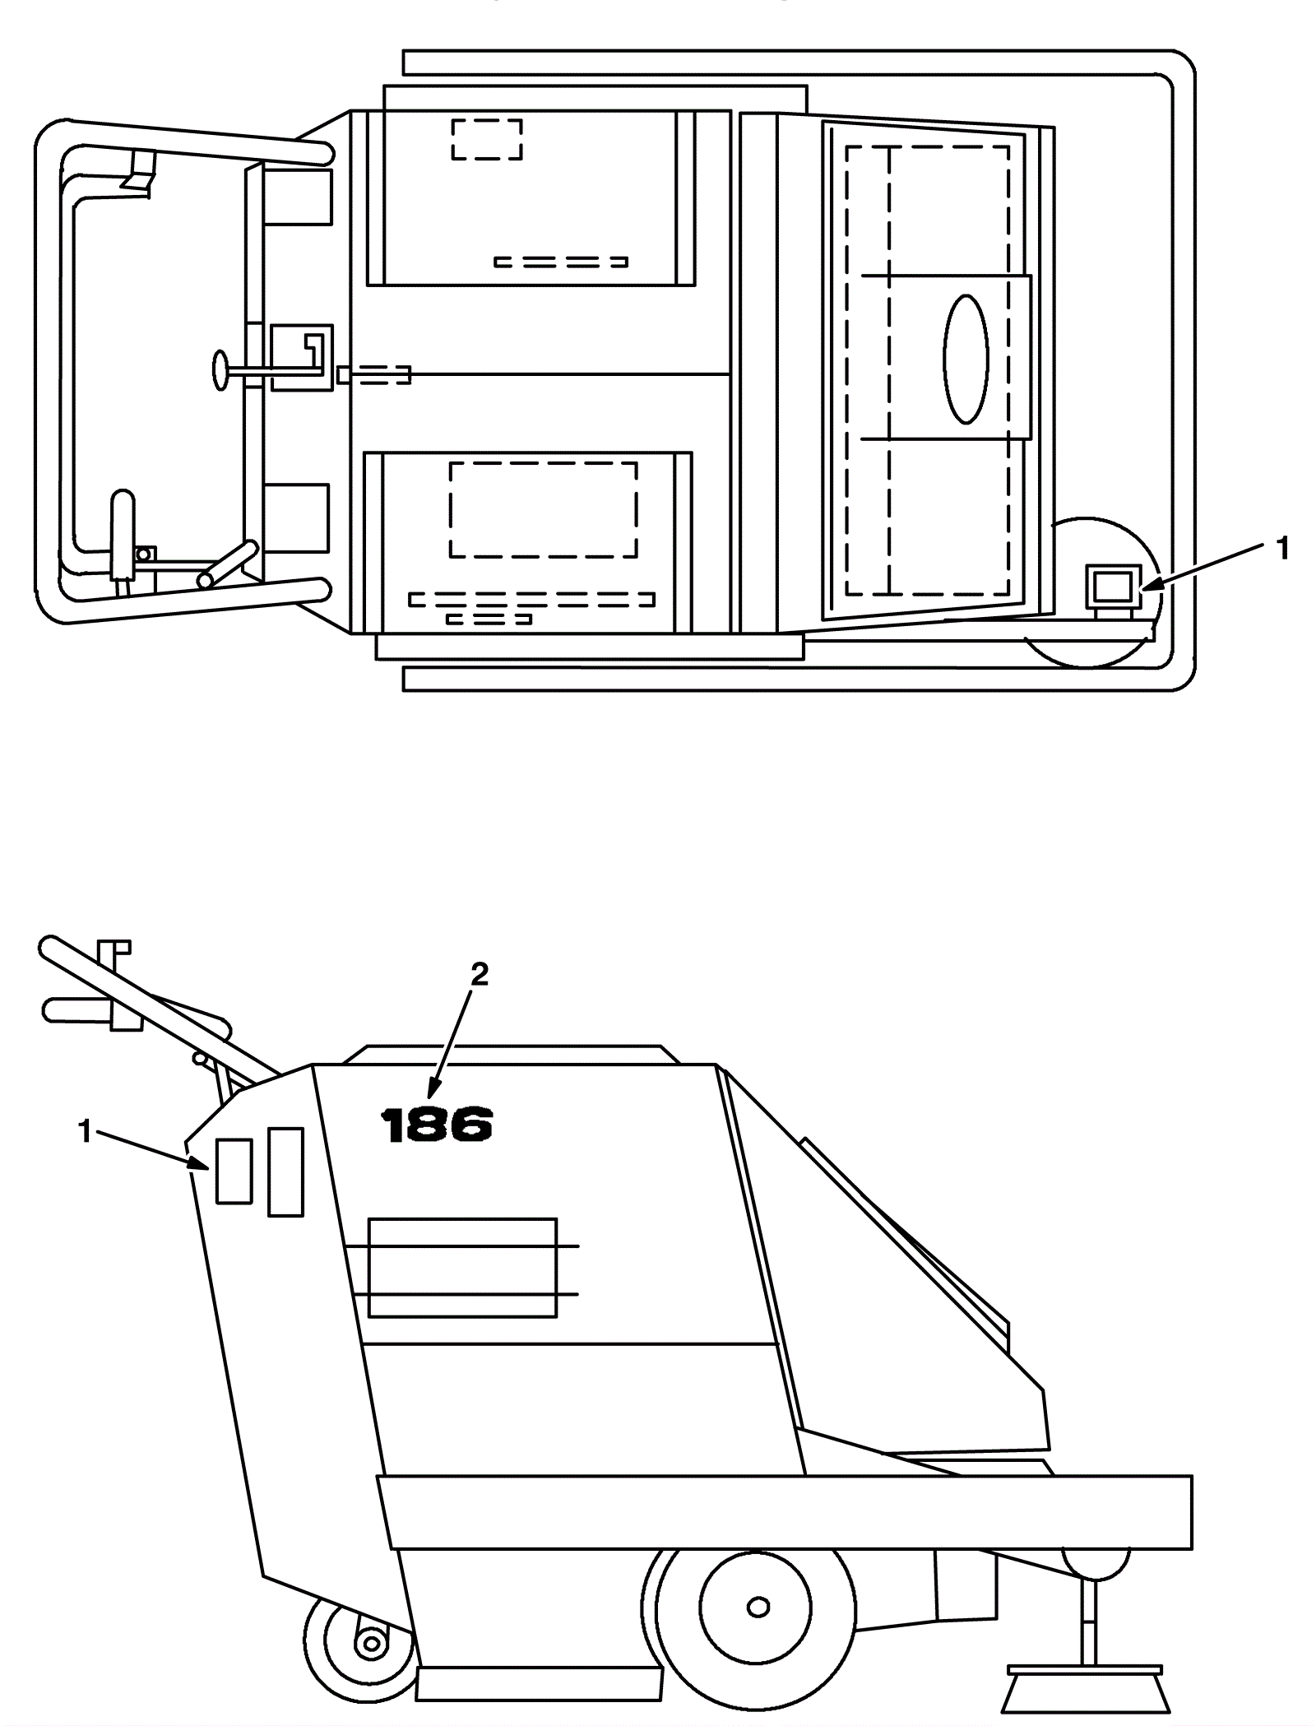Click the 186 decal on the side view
(436, 1125)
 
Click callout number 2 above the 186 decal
(479, 975)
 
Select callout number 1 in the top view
(1281, 548)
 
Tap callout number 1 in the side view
(84, 1132)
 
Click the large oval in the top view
(966, 359)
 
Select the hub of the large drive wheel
(757, 1607)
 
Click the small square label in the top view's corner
(1113, 587)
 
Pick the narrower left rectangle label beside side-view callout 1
(234, 1172)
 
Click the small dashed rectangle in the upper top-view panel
(487, 139)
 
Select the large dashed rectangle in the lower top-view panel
(543, 510)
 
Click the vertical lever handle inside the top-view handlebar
(122, 533)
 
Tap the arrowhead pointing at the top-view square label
(1149, 584)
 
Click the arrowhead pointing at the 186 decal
(431, 1091)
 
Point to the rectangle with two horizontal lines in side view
(462, 1267)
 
